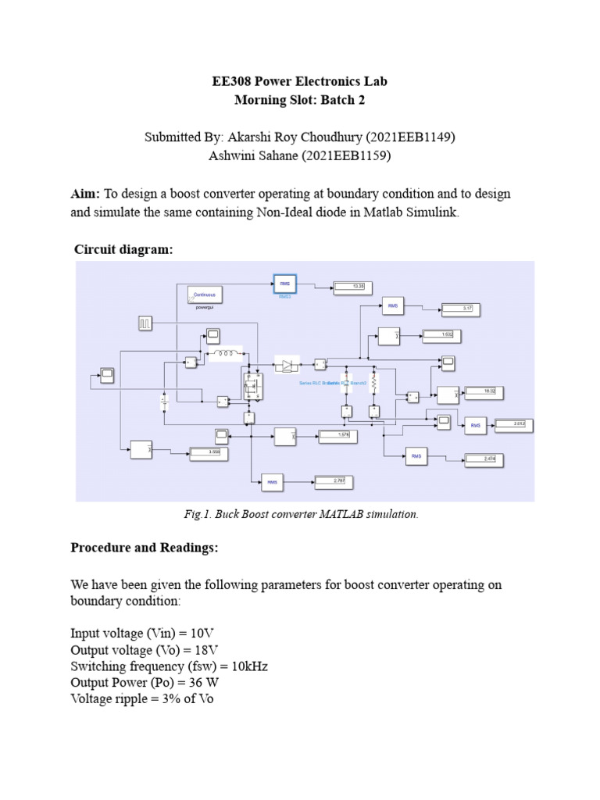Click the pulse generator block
point(146,322)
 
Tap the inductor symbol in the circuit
point(227,354)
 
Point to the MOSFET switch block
point(252,386)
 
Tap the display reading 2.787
point(334,480)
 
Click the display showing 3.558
point(209,452)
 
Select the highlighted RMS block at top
point(284,284)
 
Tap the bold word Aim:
point(85,193)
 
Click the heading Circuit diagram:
point(123,249)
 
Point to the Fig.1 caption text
point(301,514)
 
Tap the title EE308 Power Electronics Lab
point(300,81)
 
